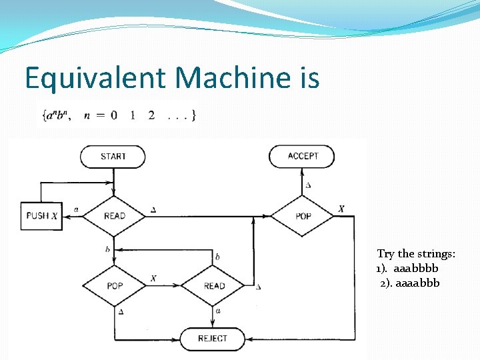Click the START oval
tap(113, 157)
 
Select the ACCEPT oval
tap(302, 157)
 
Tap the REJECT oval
tap(212, 339)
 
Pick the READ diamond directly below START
tap(114, 215)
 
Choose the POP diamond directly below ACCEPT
tap(303, 215)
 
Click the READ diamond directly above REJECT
tap(214, 286)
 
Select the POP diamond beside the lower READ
tap(115, 286)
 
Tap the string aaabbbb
tap(416, 269)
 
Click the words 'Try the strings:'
tap(416, 254)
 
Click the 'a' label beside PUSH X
tap(76, 209)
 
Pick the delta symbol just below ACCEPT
tap(307, 185)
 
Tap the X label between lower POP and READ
tap(154, 278)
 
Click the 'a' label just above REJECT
tap(219, 311)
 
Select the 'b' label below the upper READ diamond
tap(107, 249)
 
